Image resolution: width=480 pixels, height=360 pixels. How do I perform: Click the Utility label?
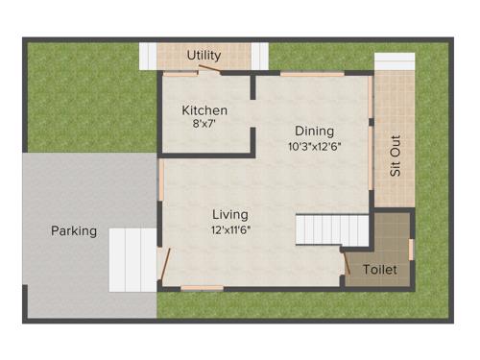[204, 55]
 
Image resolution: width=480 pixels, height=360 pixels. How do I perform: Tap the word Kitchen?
[204, 110]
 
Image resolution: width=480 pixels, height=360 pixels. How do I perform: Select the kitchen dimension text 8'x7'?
[204, 125]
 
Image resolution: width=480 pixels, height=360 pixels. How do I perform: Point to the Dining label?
[314, 132]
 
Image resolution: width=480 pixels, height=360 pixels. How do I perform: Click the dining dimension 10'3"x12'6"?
[314, 147]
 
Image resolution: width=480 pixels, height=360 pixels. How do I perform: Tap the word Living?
[230, 214]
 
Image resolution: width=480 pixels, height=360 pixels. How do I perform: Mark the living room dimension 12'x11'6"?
[230, 229]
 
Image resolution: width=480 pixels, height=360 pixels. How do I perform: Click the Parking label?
[74, 231]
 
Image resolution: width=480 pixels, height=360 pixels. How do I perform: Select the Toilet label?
[380, 271]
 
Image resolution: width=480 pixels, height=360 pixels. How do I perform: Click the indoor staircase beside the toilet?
[332, 231]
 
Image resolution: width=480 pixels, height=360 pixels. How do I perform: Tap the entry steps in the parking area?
[132, 259]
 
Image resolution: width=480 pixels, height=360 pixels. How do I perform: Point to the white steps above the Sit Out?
[394, 61]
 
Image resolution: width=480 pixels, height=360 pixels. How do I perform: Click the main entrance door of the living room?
[166, 265]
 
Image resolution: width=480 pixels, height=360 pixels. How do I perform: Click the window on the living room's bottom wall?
[203, 287]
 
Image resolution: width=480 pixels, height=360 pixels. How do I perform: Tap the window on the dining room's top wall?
[311, 73]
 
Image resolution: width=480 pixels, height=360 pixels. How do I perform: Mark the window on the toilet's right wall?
[412, 249]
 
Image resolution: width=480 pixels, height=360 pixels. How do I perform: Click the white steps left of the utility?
[148, 56]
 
